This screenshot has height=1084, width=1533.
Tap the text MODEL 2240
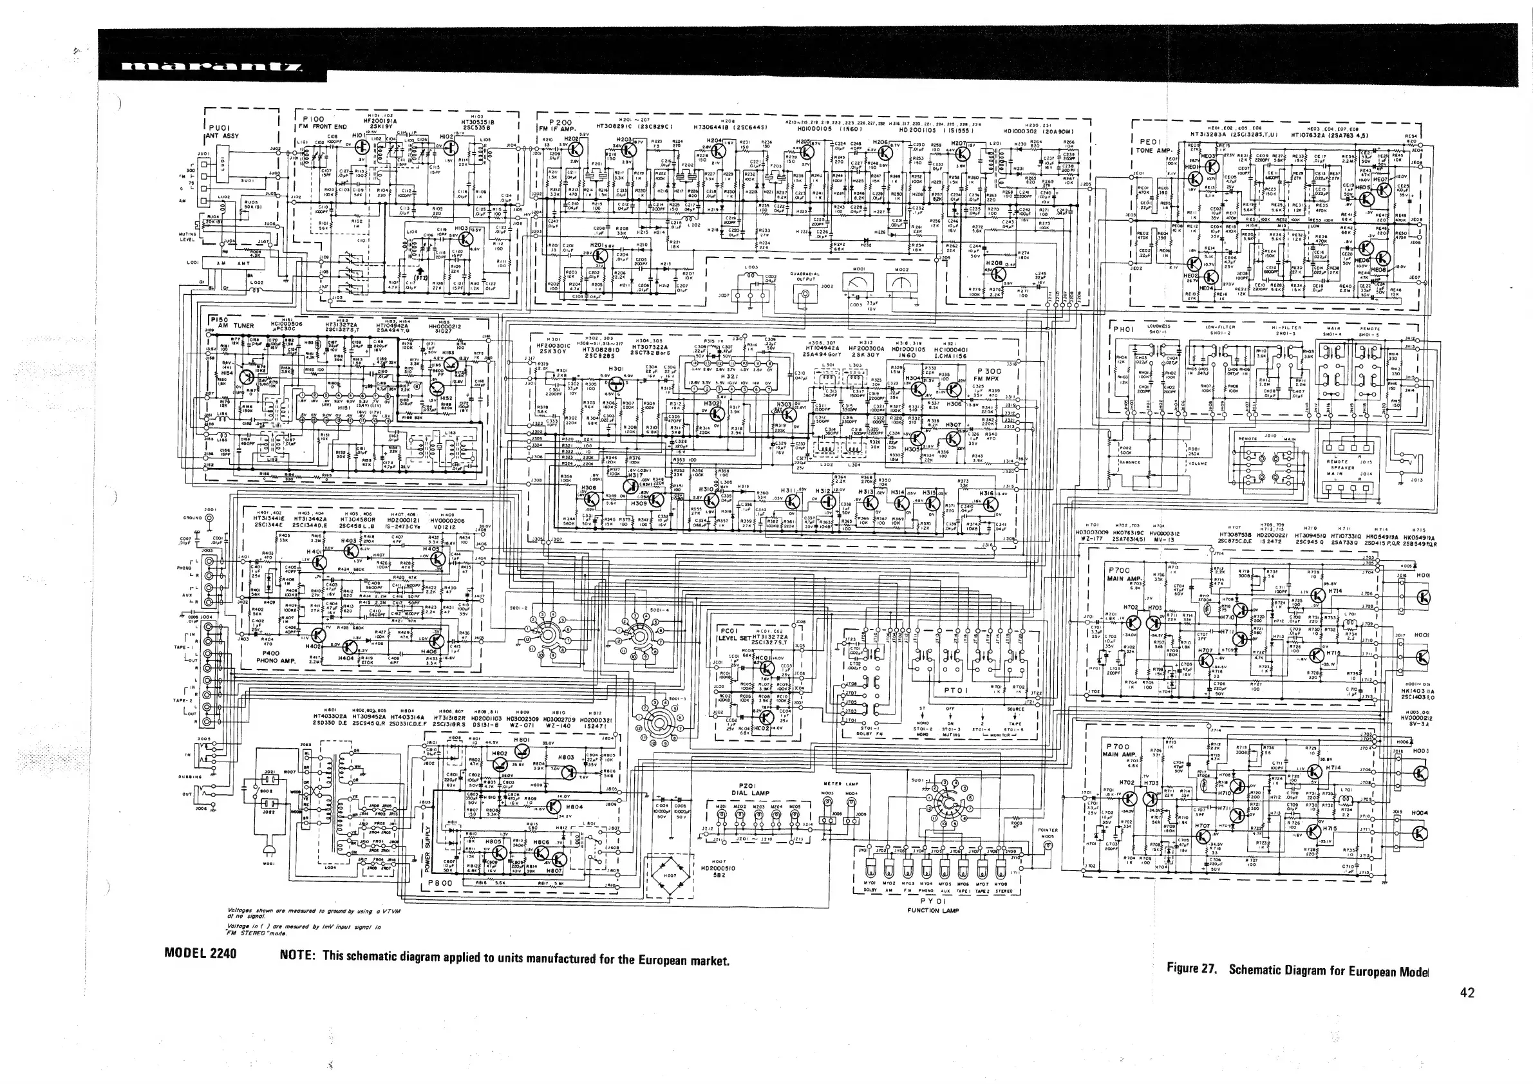200,953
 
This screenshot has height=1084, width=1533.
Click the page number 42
1467,993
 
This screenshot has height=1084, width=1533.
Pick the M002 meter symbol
898,285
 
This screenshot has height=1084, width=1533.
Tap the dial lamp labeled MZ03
758,816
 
